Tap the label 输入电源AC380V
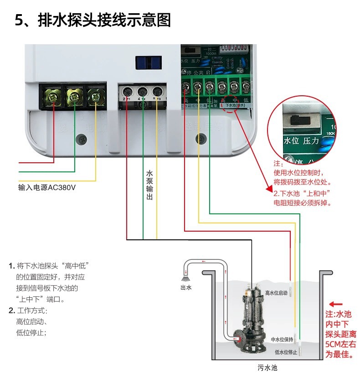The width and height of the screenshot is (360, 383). pos(46,187)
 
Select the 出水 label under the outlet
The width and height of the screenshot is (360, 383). pos(186,287)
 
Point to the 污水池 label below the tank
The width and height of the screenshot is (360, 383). pos(267,367)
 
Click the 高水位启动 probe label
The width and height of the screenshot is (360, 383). pos(276,293)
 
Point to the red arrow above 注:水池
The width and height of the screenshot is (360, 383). pos(336,304)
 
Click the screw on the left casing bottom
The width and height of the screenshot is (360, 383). pos(82,139)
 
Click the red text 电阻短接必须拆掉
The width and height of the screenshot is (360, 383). pos(302,203)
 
